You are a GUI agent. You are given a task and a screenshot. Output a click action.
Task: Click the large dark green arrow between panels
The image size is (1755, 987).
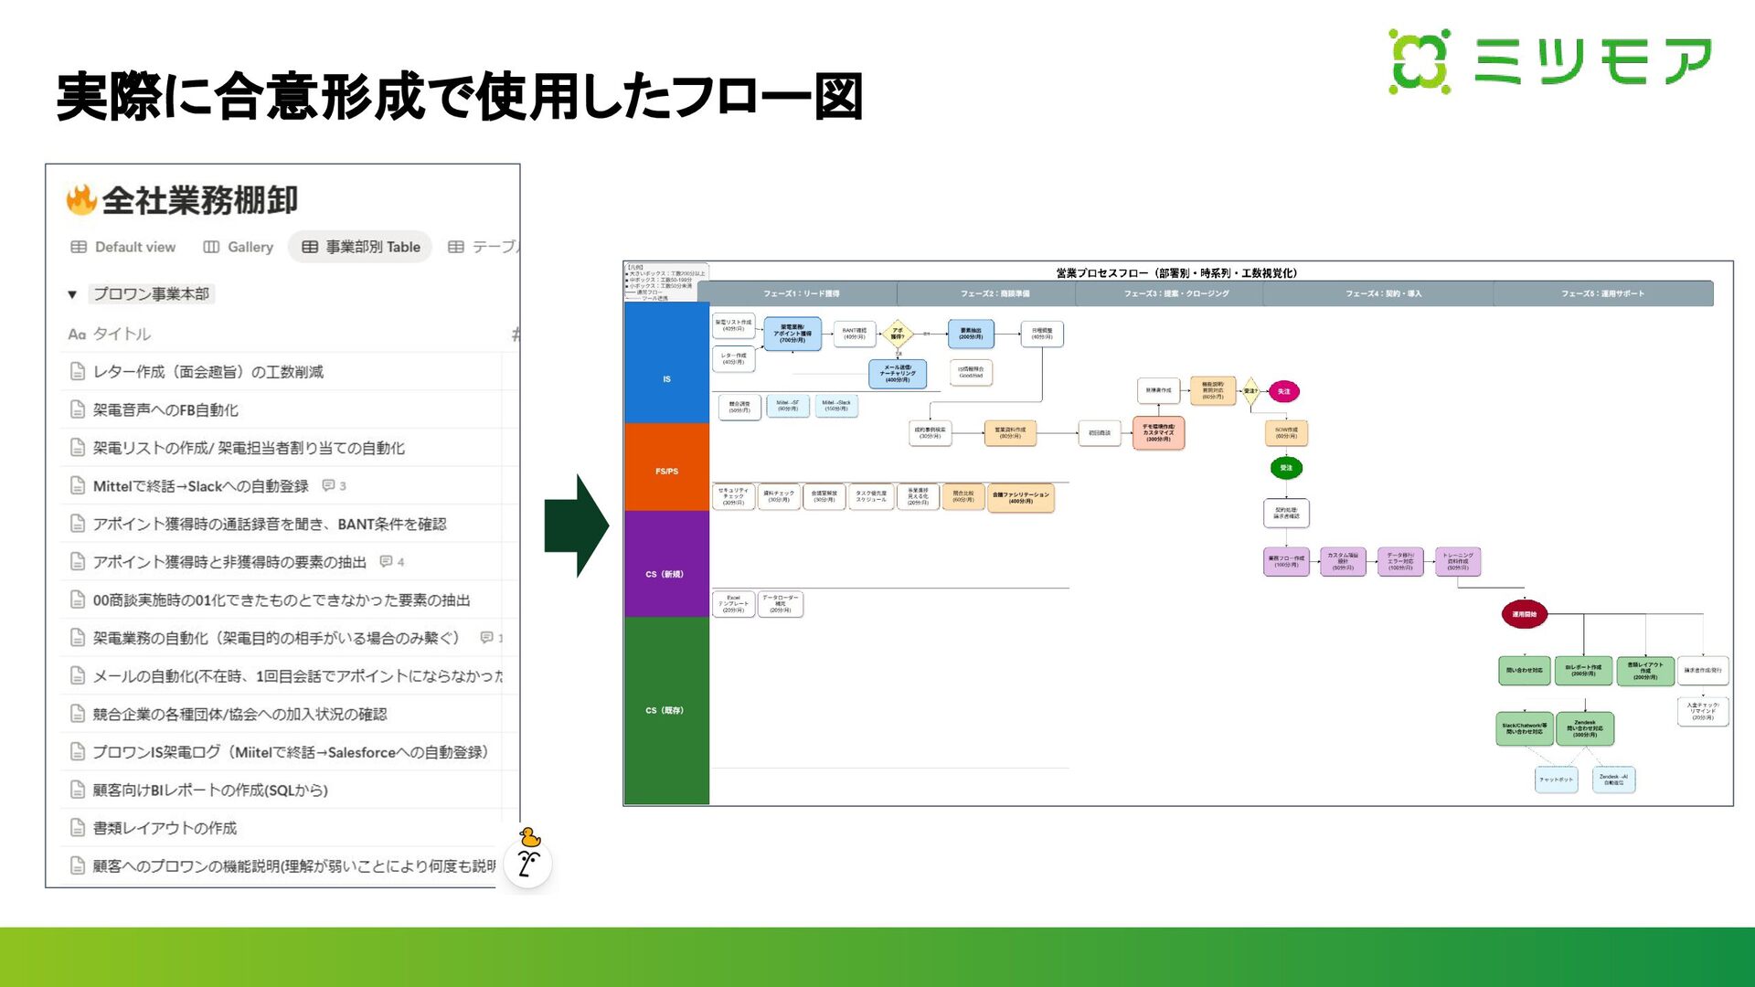pos(576,525)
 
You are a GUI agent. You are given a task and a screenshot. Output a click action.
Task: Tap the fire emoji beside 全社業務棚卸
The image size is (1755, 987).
pos(81,200)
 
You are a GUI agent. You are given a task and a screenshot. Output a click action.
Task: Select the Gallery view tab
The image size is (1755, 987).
pos(239,247)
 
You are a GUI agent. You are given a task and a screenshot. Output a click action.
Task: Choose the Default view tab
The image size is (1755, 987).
pos(123,247)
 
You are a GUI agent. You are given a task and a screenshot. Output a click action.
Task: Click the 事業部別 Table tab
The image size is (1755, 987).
pos(361,247)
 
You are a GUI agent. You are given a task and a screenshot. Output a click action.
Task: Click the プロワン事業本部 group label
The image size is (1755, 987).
pos(152,294)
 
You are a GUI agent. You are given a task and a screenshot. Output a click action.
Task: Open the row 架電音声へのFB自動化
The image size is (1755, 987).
pos(165,410)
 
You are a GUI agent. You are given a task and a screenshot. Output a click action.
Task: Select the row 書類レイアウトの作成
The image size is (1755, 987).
pos(165,828)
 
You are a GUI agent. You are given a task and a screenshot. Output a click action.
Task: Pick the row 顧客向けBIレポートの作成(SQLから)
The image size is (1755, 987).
pos(210,791)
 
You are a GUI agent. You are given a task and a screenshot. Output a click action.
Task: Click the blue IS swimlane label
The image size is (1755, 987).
pos(666,379)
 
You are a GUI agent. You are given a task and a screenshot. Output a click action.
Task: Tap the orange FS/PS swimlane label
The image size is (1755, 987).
pos(666,472)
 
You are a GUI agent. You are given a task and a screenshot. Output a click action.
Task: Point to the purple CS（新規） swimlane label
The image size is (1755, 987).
pos(665,574)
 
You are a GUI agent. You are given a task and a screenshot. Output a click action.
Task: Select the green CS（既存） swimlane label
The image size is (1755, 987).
pos(665,710)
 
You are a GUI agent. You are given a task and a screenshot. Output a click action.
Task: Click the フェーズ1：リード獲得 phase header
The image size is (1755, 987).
pos(801,294)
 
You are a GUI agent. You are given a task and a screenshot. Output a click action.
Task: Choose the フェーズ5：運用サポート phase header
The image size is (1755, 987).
pos(1601,294)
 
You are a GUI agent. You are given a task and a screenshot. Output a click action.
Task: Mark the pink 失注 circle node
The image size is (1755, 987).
pos(1283,391)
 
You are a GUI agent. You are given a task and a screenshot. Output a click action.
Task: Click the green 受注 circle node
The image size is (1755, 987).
pos(1286,468)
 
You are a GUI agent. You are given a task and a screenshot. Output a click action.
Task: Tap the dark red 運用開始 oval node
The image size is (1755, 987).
pos(1524,614)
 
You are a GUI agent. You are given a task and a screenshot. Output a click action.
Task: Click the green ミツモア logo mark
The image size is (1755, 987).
pos(1420,61)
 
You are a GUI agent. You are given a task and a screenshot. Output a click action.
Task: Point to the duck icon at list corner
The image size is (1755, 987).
pos(529,838)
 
